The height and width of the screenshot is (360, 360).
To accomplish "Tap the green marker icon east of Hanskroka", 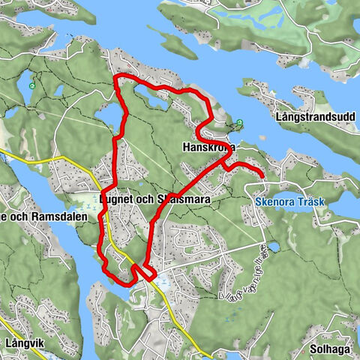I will click(x=239, y=122).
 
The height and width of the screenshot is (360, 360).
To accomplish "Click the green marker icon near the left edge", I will click(x=31, y=85).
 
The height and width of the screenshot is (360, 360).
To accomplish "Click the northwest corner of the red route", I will click(x=115, y=78).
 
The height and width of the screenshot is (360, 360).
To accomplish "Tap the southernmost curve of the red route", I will click(x=124, y=281).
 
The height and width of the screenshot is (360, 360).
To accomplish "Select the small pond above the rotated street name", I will click(x=271, y=246).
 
